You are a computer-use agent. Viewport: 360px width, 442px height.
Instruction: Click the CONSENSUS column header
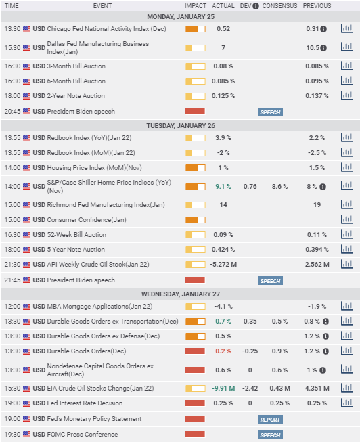tap(279, 6)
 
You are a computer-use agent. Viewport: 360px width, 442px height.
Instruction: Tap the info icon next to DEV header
tap(256, 6)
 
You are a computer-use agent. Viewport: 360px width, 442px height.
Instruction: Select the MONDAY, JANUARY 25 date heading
tap(181, 17)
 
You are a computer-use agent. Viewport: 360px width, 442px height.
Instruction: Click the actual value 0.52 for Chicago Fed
tap(223, 29)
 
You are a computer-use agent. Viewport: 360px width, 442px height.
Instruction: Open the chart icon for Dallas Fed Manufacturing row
tap(346, 47)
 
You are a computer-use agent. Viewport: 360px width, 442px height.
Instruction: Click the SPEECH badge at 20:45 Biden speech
tap(270, 112)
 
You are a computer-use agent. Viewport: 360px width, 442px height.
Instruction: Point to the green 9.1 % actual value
tap(223, 187)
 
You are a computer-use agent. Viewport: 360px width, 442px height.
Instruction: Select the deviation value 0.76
tap(250, 187)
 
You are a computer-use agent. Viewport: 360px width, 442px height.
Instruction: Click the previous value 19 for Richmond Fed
tap(317, 205)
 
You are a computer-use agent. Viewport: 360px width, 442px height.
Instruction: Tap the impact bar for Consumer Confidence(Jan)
tap(196, 220)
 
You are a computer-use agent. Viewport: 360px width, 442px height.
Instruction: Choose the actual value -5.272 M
tap(223, 265)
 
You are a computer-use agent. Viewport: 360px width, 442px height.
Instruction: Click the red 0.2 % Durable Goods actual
tap(223, 351)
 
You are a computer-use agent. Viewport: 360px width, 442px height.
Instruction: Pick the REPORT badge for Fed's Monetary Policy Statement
tap(270, 420)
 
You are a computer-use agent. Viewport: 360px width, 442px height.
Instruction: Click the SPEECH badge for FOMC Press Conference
tap(270, 435)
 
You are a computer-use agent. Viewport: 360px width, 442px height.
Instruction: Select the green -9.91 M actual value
tap(223, 389)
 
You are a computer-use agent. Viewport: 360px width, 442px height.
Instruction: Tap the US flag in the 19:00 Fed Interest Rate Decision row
tap(26, 403)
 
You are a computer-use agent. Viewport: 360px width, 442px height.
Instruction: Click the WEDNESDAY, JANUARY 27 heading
tap(181, 294)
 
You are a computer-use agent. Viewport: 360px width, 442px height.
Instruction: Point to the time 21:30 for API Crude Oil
tap(12, 265)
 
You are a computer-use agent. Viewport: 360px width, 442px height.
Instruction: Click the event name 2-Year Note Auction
tap(76, 96)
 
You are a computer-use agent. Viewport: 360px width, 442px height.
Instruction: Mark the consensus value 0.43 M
tap(279, 389)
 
